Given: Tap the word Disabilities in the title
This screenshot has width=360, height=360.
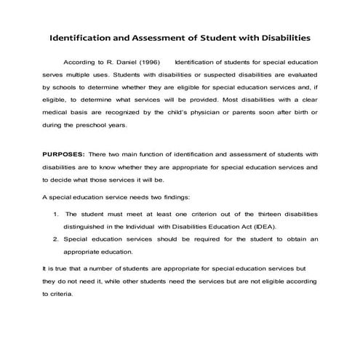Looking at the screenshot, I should coord(281,36).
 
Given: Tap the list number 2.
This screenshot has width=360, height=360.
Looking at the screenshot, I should coord(57,238).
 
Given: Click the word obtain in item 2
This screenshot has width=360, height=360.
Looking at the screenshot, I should coord(295,238).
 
